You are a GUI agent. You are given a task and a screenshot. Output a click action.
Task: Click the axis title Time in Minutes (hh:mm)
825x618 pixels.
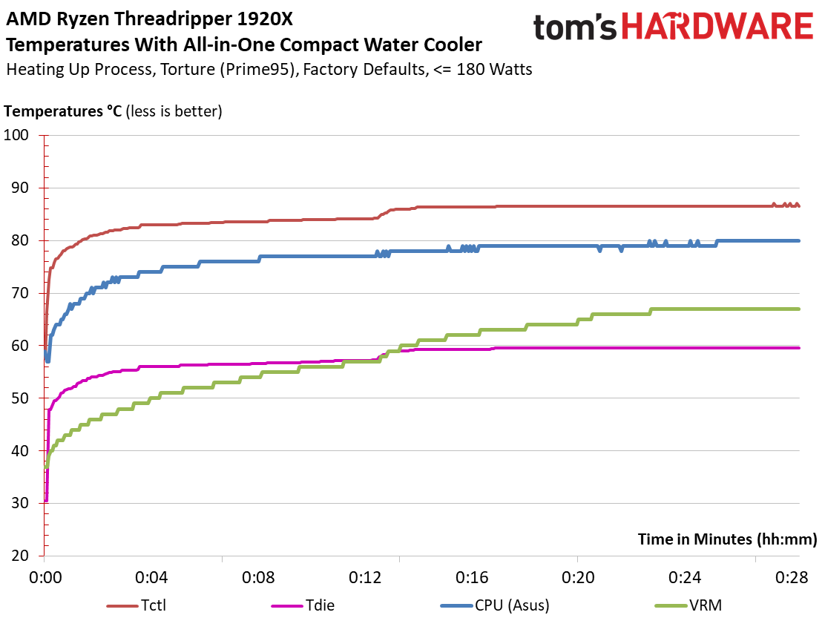pos(727,539)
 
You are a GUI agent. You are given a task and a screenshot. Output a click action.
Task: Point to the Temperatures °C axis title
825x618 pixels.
pos(63,112)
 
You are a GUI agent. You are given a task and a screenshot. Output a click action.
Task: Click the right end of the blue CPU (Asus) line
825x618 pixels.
pos(798,240)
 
